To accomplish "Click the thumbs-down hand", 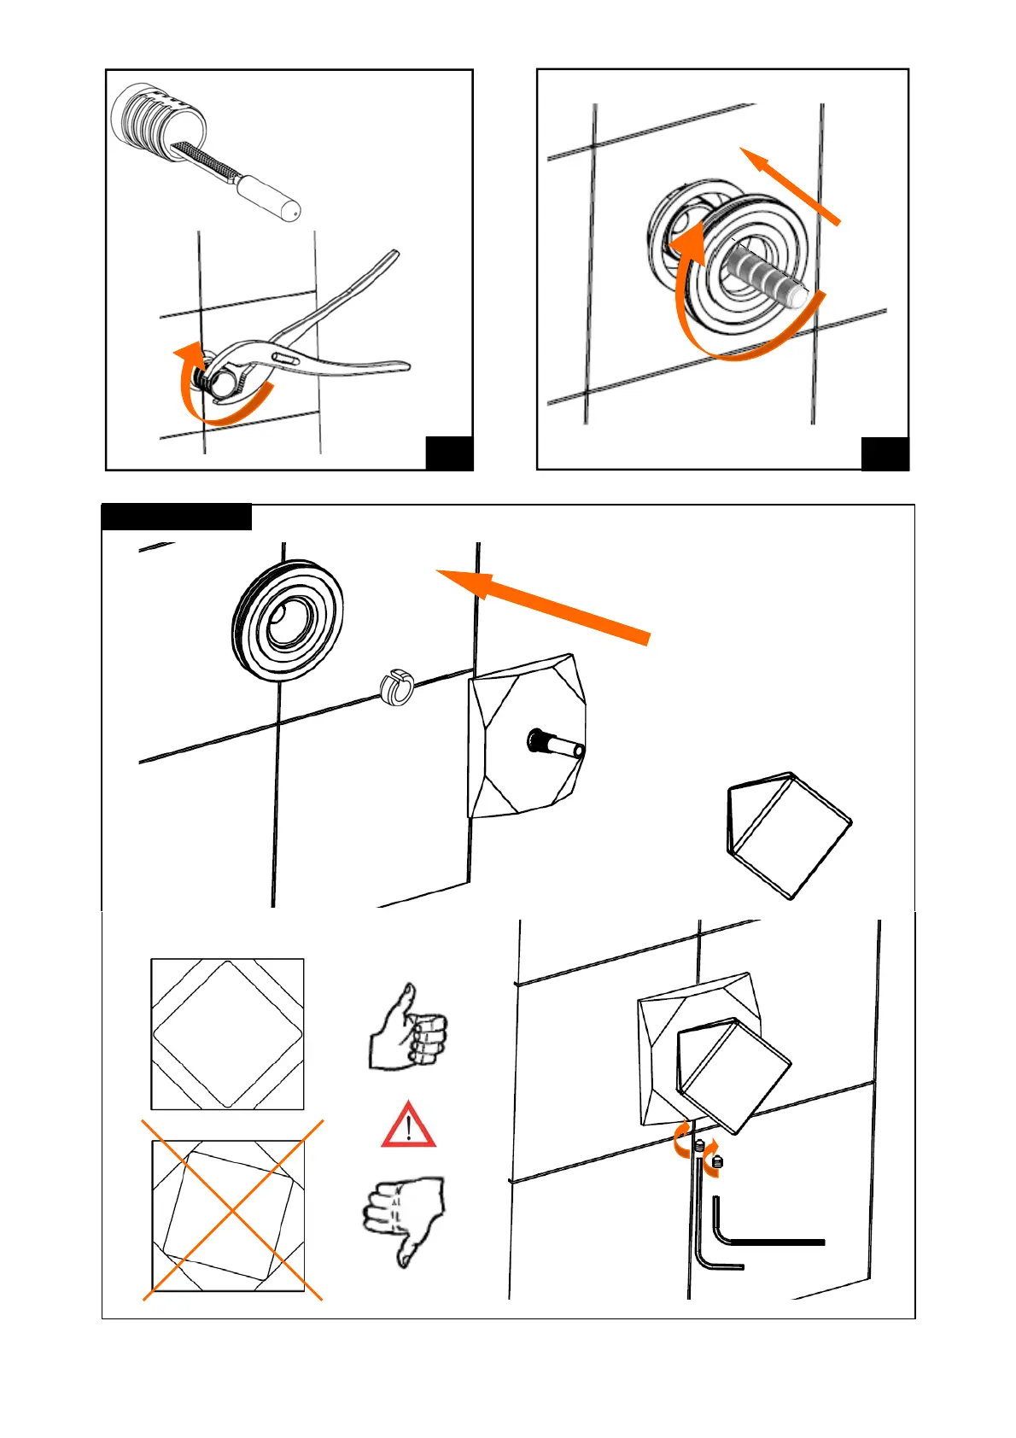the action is click(404, 1217).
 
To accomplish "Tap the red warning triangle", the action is click(409, 1126).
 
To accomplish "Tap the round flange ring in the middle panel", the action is click(288, 621).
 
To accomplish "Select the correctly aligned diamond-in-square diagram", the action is click(227, 1034).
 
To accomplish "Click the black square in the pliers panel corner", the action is click(449, 453).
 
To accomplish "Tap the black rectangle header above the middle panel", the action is click(177, 517).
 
